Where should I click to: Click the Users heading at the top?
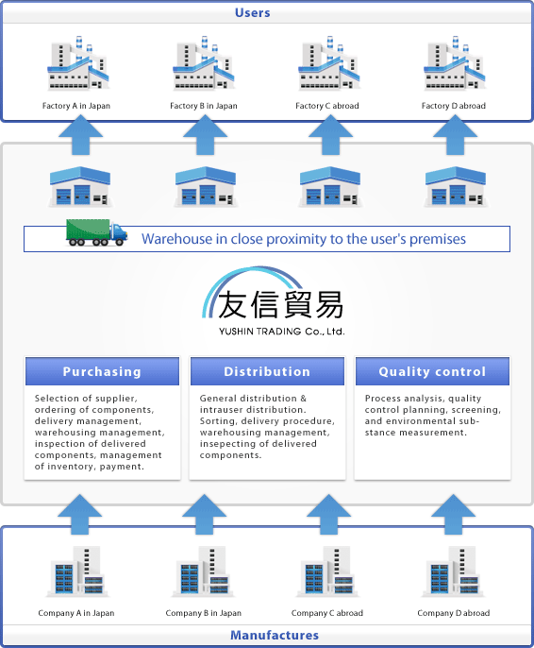252,13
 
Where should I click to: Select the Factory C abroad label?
327,106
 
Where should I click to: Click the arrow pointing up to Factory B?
205,135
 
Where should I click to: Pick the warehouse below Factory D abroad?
456,186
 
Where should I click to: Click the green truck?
96,232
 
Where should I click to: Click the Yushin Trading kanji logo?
274,294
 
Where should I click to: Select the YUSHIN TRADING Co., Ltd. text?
282,332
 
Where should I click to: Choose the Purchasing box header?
102,371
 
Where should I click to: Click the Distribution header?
267,371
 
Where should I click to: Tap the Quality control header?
432,371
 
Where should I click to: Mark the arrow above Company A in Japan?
79,514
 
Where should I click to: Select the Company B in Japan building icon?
203,571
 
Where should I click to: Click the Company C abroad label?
327,613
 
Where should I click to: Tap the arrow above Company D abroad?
453,514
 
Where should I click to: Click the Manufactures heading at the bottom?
275,635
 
